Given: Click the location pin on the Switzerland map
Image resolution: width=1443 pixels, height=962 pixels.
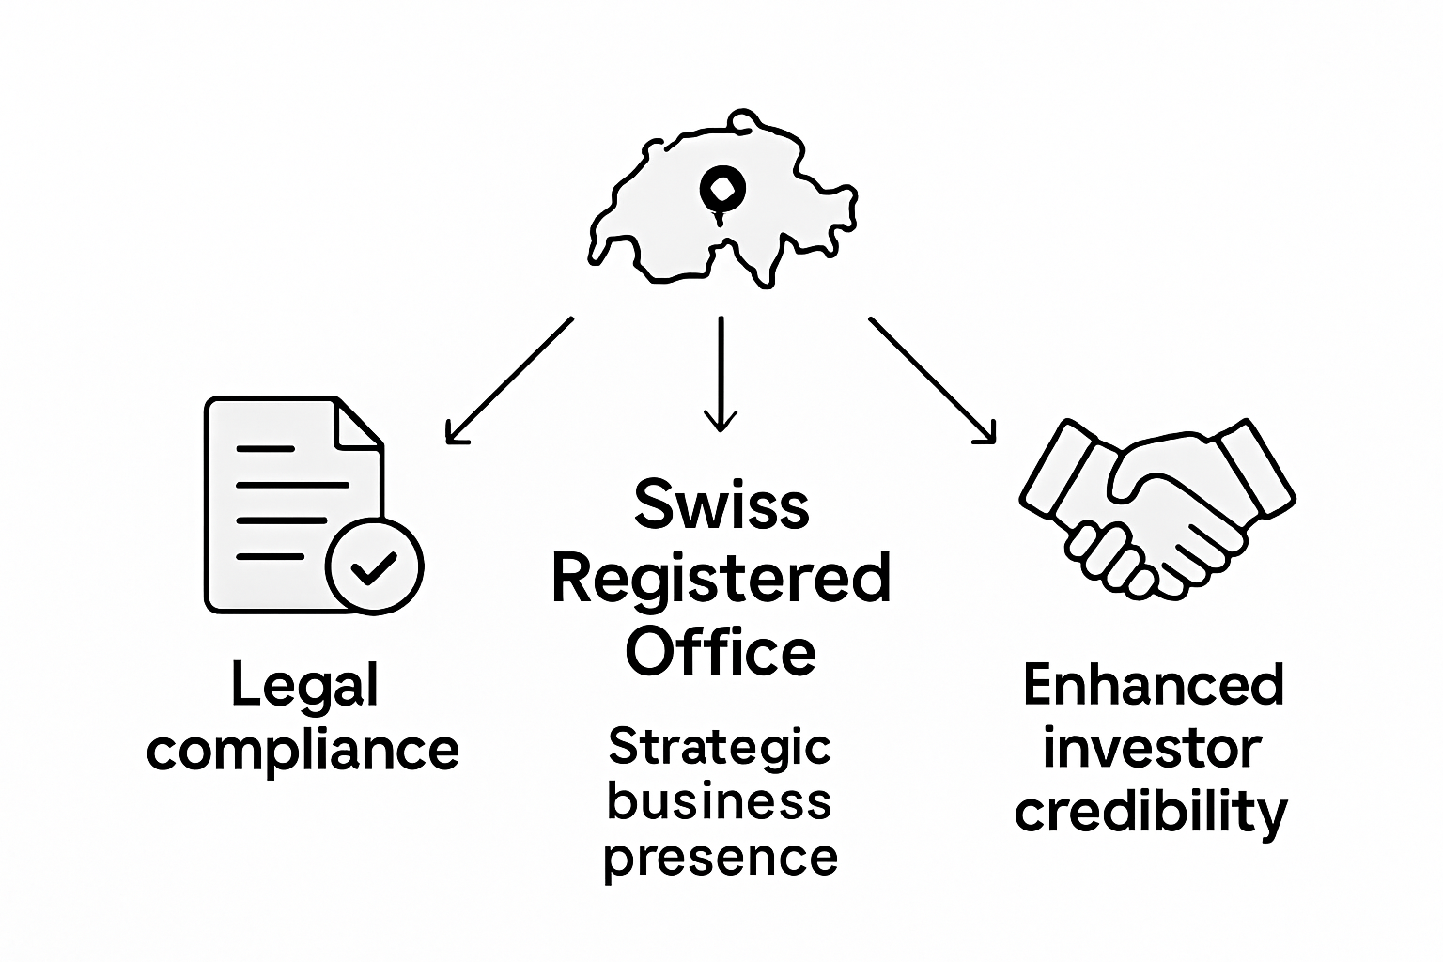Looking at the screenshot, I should click(721, 191).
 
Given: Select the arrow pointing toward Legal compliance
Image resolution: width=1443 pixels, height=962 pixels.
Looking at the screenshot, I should click(508, 380).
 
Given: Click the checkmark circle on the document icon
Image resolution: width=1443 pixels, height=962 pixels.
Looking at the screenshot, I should click(374, 566).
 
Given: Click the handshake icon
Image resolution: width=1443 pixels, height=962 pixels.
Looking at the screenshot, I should click(1156, 507).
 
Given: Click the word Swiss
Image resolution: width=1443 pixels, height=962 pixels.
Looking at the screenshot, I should click(721, 504).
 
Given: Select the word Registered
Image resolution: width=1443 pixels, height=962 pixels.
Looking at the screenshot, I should click(721, 579).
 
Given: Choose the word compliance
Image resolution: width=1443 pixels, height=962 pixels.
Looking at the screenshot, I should click(303, 749).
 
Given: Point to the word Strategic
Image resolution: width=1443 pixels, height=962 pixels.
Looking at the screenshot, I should click(721, 749).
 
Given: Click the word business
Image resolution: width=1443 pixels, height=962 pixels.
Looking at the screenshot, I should click(721, 801).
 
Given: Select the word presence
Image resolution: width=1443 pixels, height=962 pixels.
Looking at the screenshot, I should click(721, 857).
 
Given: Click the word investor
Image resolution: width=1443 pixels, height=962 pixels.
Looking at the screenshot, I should click(1153, 748).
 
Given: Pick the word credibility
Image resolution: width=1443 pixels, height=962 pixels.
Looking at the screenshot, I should click(1152, 811).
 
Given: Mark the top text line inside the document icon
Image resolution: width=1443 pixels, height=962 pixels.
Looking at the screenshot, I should click(266, 449).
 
